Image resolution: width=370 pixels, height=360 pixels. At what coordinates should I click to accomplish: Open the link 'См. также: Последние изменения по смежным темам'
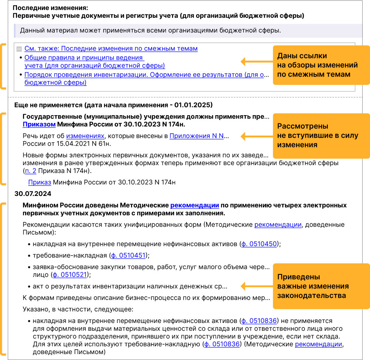point(111,49)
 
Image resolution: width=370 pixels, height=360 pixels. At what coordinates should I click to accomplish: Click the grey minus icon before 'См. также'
point(19,49)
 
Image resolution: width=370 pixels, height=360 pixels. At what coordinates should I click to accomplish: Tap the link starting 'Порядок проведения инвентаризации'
point(144,74)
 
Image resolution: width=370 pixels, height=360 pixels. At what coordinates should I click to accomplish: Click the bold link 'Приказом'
point(39,124)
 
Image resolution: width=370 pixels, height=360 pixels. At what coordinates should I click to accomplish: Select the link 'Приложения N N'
point(196,136)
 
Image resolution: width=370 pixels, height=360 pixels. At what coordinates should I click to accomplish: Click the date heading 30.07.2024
point(33,193)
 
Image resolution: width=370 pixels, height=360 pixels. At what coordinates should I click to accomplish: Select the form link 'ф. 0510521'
point(70,274)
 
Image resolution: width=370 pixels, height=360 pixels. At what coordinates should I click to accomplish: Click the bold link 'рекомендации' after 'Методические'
point(195,205)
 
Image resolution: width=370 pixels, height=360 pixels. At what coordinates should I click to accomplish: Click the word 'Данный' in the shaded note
point(31,30)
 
